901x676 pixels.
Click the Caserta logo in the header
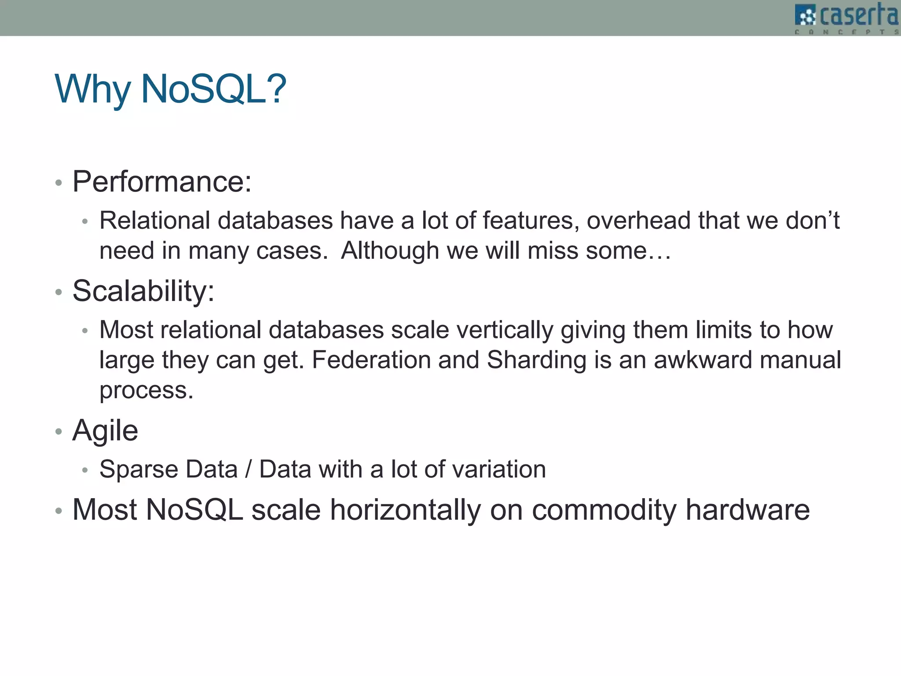pyautogui.click(x=846, y=18)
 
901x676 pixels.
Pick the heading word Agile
pyautogui.click(x=105, y=431)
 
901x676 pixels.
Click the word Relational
pyautogui.click(x=154, y=220)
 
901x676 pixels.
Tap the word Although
pyautogui.click(x=390, y=251)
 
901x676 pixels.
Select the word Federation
pyautogui.click(x=371, y=360)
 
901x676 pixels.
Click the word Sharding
pyautogui.click(x=537, y=360)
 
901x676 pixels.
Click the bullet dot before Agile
pyautogui.click(x=59, y=431)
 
